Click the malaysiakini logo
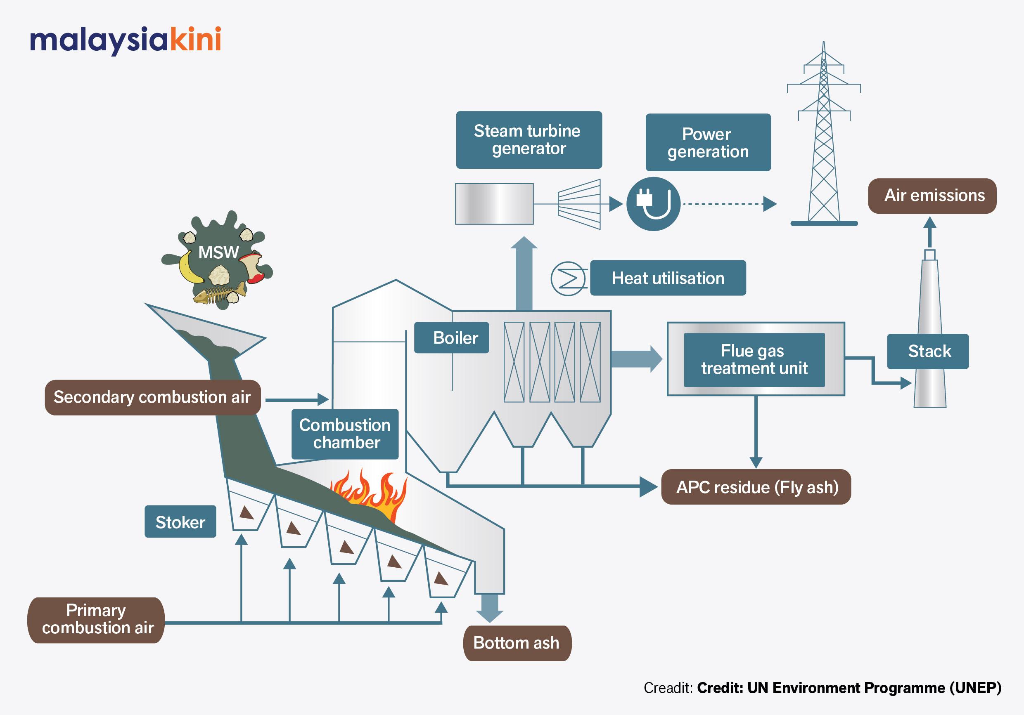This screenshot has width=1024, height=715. (126, 40)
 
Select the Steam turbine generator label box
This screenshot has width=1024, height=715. (529, 139)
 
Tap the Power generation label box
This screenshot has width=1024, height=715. (708, 142)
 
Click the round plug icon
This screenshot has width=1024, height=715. (653, 204)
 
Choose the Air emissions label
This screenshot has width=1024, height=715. (932, 196)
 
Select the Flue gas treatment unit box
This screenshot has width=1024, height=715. (754, 359)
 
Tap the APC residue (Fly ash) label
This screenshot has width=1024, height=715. (756, 487)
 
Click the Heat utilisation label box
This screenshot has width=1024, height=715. (668, 278)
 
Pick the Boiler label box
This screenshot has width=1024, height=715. (451, 337)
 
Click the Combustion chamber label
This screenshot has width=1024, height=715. (345, 434)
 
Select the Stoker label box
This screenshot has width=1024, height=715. (180, 522)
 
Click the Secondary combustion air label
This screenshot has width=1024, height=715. (152, 397)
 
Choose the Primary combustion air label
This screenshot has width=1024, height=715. (96, 620)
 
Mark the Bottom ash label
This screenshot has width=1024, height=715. (517, 643)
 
